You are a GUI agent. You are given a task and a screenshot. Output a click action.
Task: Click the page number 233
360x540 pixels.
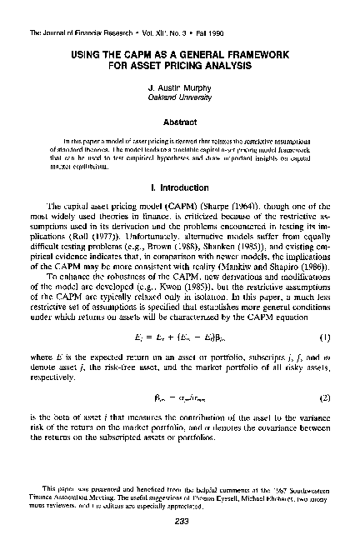(180, 522)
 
